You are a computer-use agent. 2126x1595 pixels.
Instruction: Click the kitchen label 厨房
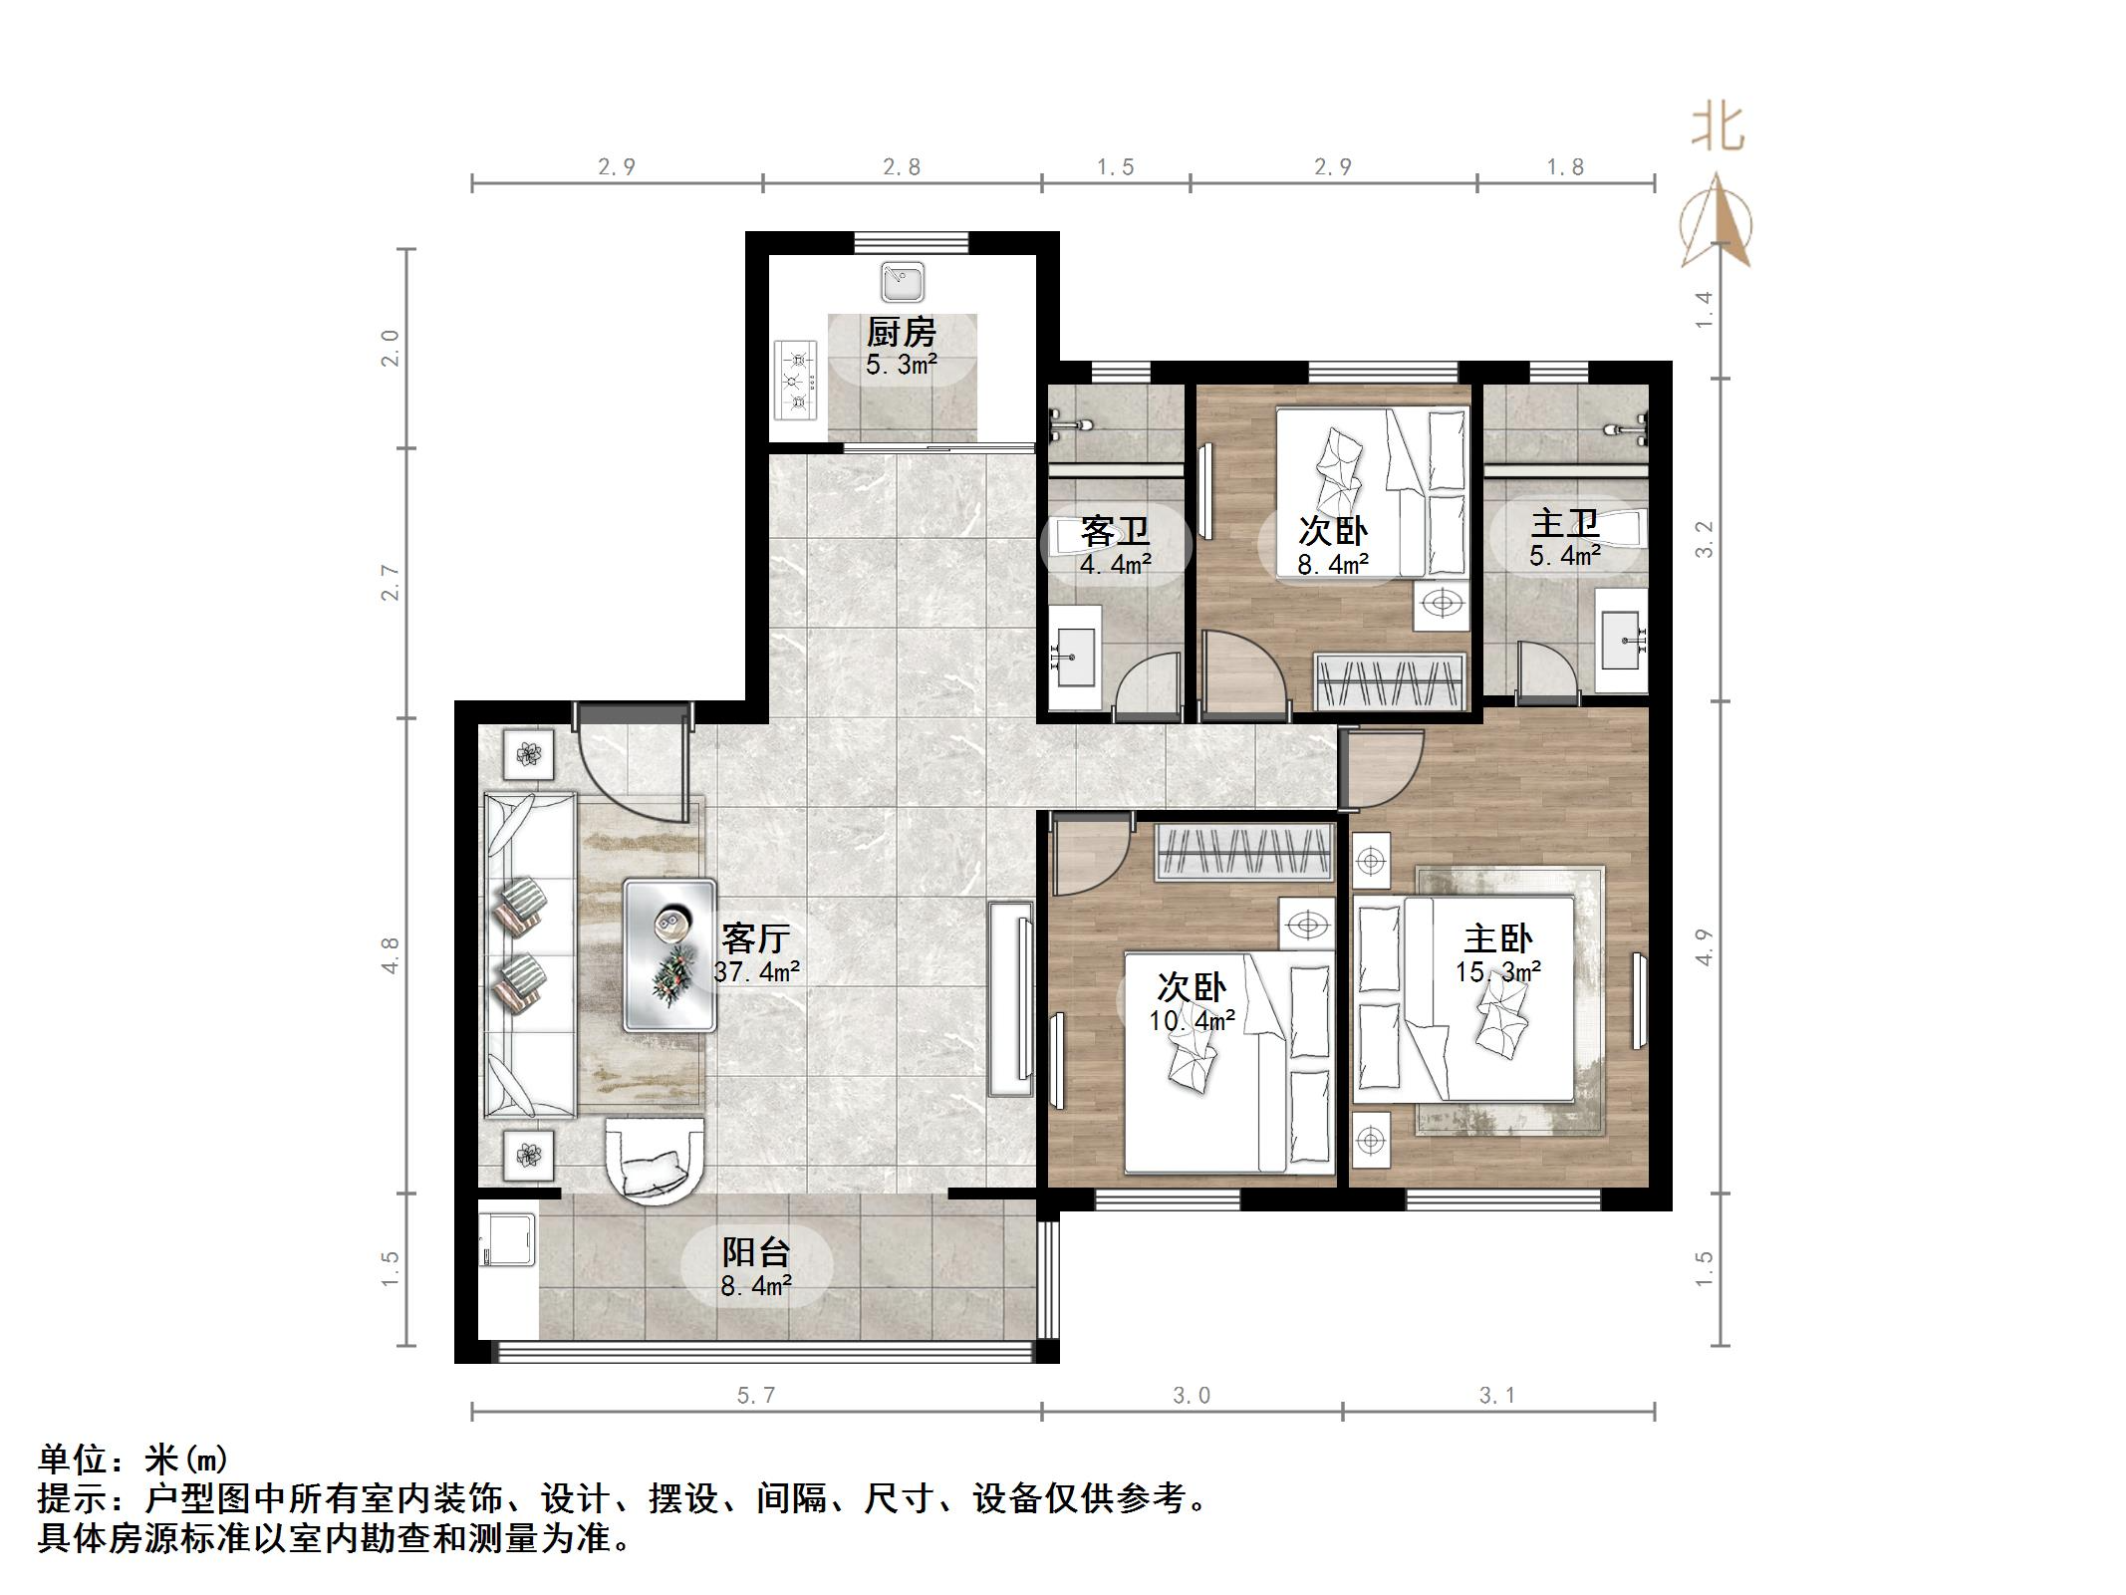tap(901, 332)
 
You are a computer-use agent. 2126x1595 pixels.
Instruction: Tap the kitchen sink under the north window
tap(903, 282)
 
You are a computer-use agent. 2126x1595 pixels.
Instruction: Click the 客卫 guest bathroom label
tap(1115, 529)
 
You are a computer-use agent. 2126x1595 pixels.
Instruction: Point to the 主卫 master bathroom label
tap(1564, 522)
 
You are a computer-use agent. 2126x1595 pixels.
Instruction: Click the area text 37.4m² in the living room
tap(757, 971)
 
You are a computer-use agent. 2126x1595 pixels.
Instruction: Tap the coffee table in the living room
tap(669, 954)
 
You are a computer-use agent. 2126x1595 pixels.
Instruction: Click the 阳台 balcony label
tap(756, 1251)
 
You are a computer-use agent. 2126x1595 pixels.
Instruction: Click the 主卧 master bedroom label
tap(1497, 937)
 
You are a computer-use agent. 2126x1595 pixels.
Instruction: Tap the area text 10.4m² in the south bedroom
tap(1192, 1020)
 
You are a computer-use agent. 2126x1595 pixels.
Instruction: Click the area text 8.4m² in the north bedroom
tap(1332, 565)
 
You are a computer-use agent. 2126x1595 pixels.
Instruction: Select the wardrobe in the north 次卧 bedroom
tap(1390, 681)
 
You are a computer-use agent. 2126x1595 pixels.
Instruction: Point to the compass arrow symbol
tap(1716, 222)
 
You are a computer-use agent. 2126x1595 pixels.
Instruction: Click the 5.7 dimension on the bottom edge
tap(755, 1396)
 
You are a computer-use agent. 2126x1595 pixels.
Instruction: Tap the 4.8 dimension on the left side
tap(389, 954)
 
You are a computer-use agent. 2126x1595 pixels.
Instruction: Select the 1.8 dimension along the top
tap(1564, 166)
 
